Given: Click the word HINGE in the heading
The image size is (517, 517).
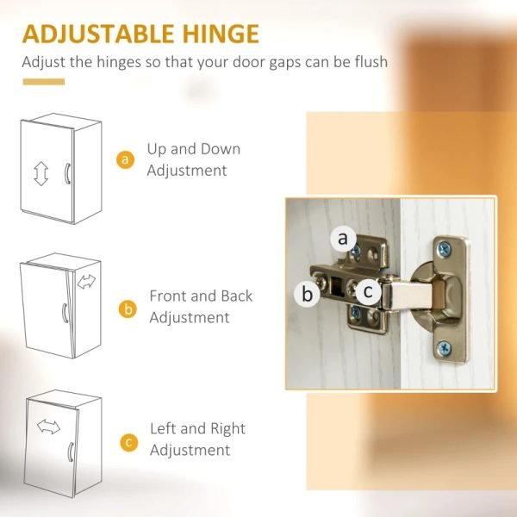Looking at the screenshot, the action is (221, 34).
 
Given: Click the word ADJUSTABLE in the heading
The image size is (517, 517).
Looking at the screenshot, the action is (98, 34).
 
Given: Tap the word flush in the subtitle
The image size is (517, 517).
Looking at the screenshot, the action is (371, 62).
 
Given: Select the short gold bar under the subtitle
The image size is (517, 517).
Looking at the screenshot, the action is (44, 82).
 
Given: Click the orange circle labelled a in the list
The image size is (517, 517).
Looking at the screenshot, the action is (125, 159).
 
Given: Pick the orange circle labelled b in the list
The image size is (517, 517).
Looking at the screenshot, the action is (128, 309).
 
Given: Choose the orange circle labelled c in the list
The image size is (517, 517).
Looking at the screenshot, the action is (129, 442).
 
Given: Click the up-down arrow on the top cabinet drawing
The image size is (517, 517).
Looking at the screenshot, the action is (40, 173).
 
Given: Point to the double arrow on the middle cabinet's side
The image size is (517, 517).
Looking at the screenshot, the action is (86, 282).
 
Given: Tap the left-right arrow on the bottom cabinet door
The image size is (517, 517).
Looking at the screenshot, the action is (48, 427).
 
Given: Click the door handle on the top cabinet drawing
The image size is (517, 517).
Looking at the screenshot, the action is (67, 173).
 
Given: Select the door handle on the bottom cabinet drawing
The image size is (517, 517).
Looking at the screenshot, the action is (71, 452).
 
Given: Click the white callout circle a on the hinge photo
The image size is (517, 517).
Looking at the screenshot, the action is (343, 238).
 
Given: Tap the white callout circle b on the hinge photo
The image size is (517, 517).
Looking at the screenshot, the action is (307, 294).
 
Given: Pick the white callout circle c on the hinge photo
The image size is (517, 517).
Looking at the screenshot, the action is (369, 291).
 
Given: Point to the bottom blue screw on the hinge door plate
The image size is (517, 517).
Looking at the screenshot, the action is (444, 348).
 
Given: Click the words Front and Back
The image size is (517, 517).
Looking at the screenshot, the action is (201, 296).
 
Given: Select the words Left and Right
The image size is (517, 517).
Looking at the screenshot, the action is (197, 428).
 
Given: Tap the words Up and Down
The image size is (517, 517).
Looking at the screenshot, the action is (194, 149).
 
